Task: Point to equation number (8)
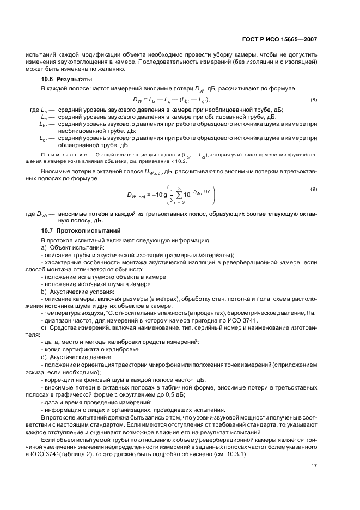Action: pos(313,100)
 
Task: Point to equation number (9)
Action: pos(313,189)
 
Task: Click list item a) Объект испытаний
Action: pos(66,248)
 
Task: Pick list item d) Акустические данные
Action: pos(70,362)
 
